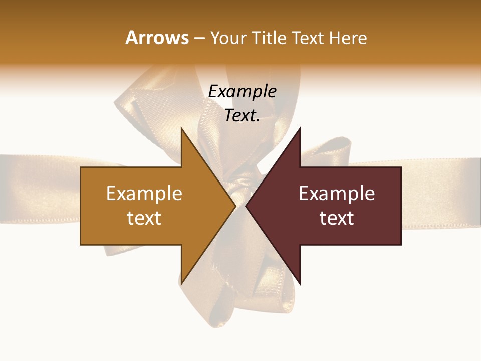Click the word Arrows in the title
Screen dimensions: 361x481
(x=157, y=38)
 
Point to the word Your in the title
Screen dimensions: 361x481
(x=227, y=38)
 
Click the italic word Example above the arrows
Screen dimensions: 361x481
(x=242, y=91)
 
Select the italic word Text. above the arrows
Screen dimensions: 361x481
(x=242, y=115)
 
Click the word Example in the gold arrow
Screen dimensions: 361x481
(x=144, y=194)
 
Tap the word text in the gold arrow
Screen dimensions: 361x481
(x=144, y=218)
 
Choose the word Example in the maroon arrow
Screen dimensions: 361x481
(x=337, y=194)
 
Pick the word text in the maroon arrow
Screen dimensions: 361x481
(x=337, y=218)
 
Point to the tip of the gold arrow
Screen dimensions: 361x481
(x=235, y=206)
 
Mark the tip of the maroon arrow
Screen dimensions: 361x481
(x=246, y=206)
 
